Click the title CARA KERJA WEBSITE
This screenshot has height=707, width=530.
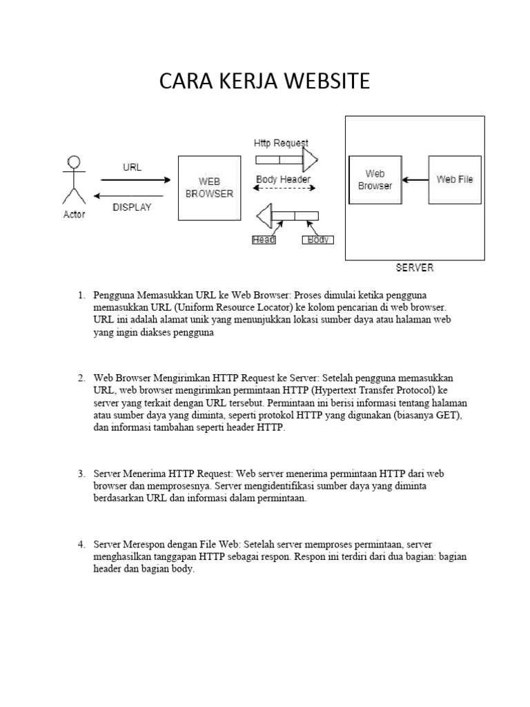tap(265, 81)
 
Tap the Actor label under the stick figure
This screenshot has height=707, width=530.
tap(74, 215)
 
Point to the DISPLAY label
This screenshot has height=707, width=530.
tap(132, 206)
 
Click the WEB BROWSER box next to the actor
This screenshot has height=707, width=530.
tap(209, 188)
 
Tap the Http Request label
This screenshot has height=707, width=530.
tap(281, 144)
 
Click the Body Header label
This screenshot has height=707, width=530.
tap(283, 180)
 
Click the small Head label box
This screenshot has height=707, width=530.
tap(263, 240)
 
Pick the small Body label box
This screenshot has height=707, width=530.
tap(317, 240)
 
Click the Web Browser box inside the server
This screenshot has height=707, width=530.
tap(375, 180)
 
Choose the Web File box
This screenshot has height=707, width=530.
tap(455, 180)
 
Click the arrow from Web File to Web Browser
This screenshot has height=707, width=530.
tap(415, 180)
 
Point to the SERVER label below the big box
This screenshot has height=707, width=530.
tap(415, 268)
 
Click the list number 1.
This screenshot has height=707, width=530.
tap(81, 296)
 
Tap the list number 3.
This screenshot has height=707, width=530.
tap(81, 474)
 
